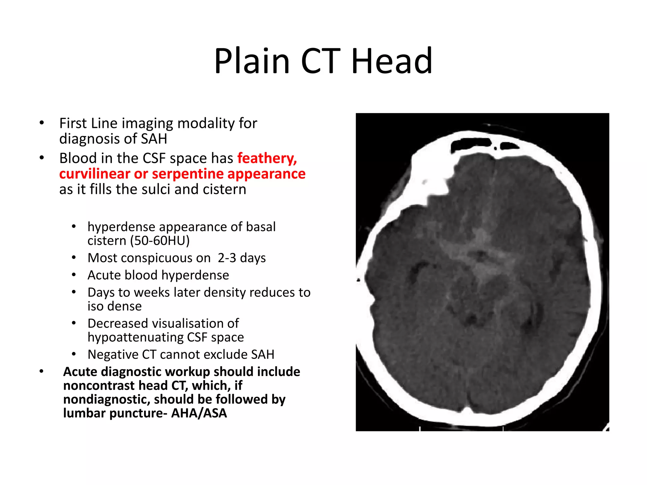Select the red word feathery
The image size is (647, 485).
[267, 158]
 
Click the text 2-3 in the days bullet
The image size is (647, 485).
[227, 258]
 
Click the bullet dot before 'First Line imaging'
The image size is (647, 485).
[42, 123]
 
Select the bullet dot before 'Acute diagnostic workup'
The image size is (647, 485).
[42, 371]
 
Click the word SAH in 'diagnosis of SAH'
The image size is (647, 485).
[154, 139]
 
